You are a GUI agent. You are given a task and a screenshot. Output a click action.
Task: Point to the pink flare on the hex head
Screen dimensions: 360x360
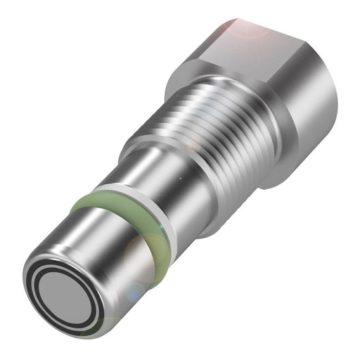pos(243,25)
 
